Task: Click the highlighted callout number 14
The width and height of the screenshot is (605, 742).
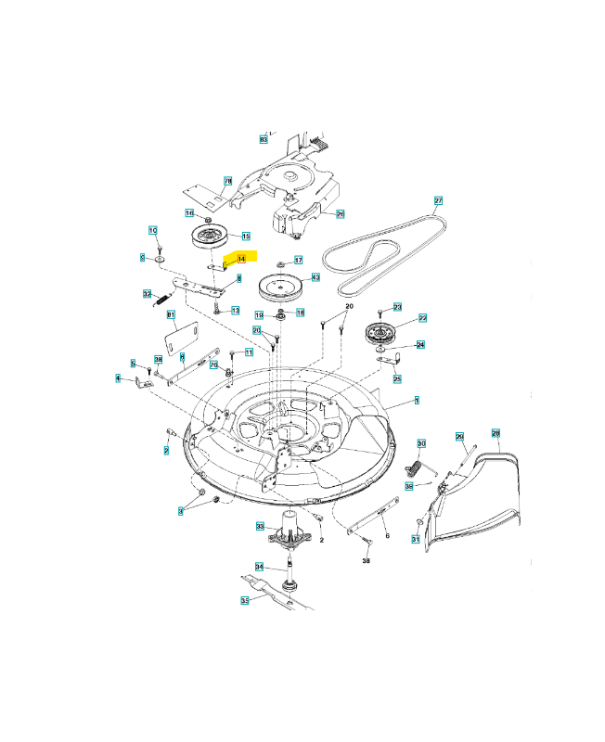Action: (x=241, y=260)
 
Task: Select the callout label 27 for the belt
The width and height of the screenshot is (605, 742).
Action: (x=439, y=200)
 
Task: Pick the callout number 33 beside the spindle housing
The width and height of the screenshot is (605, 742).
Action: (x=260, y=526)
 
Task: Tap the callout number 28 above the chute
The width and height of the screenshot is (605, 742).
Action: (x=495, y=433)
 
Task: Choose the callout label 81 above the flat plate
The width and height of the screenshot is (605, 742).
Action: (x=171, y=315)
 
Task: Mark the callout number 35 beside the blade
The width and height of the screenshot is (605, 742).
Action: (x=245, y=600)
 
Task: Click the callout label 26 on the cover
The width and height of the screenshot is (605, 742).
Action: (x=340, y=214)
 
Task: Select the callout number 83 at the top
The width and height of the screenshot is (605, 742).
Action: (x=264, y=138)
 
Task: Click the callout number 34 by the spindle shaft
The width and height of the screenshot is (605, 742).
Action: (x=259, y=567)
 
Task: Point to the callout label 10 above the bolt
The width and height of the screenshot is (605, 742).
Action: (x=153, y=229)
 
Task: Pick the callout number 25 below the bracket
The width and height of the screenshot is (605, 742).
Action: (x=397, y=378)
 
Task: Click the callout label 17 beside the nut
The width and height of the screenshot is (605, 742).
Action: (x=298, y=260)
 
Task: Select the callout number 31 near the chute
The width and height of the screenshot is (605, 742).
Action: (x=416, y=540)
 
